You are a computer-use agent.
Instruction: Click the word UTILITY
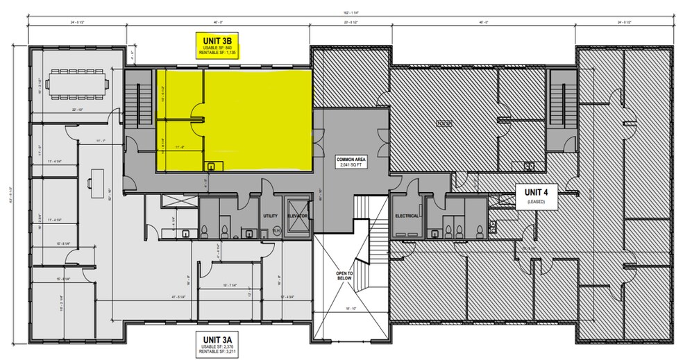(270, 216)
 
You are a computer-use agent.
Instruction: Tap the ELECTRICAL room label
(407, 216)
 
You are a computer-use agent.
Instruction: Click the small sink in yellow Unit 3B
(210, 165)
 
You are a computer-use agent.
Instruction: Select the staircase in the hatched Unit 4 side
(558, 104)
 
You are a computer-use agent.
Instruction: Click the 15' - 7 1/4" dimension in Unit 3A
(230, 284)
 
